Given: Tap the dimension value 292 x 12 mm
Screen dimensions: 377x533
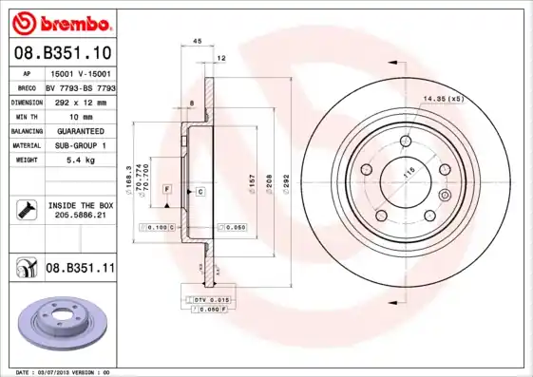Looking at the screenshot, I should point(80,101).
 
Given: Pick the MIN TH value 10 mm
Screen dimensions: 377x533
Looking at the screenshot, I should point(80,115).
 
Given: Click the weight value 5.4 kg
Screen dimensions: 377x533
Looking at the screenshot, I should point(80,160).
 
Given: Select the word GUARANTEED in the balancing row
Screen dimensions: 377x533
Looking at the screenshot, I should point(80,130).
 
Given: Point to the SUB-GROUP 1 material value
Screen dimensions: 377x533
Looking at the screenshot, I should point(80,145).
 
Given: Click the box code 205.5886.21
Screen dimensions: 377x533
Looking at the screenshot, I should point(81,216).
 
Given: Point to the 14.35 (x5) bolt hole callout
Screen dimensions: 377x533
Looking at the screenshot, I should point(442,99).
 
